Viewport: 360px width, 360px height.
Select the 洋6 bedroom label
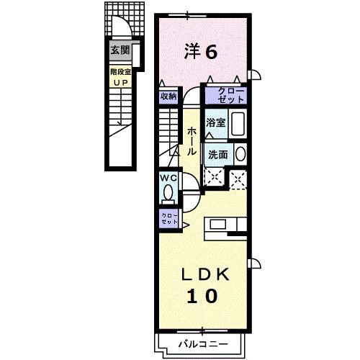tap(201, 51)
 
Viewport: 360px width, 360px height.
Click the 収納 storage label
tap(168, 96)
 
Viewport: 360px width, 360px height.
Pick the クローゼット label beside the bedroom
tap(225, 94)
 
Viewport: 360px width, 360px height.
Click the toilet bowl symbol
tap(168, 193)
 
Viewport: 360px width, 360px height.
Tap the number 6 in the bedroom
tap(212, 51)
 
